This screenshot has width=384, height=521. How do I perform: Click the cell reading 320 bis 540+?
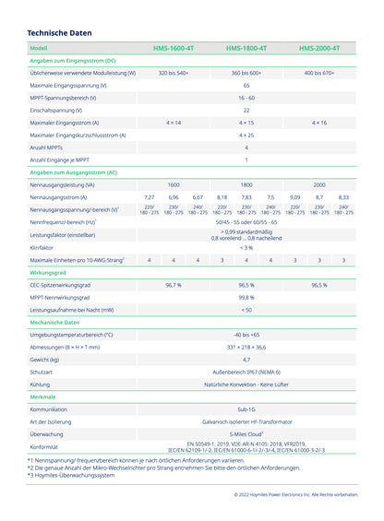(x=173, y=72)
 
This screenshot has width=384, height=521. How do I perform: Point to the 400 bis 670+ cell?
(x=318, y=72)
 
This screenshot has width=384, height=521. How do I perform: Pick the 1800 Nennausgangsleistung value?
(x=246, y=184)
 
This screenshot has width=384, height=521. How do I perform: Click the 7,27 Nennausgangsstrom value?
(x=149, y=197)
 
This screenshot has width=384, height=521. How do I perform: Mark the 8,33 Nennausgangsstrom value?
(x=343, y=197)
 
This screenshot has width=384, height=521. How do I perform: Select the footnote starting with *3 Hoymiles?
(x=71, y=475)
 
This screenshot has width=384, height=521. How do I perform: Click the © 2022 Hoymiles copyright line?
(x=294, y=494)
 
